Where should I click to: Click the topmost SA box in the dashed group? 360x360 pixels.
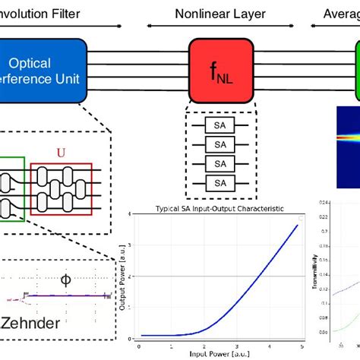(x=219, y=127)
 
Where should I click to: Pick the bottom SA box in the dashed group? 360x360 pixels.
(x=219, y=182)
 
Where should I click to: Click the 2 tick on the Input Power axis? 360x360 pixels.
(x=204, y=346)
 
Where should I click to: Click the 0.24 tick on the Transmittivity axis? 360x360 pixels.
(x=324, y=202)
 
